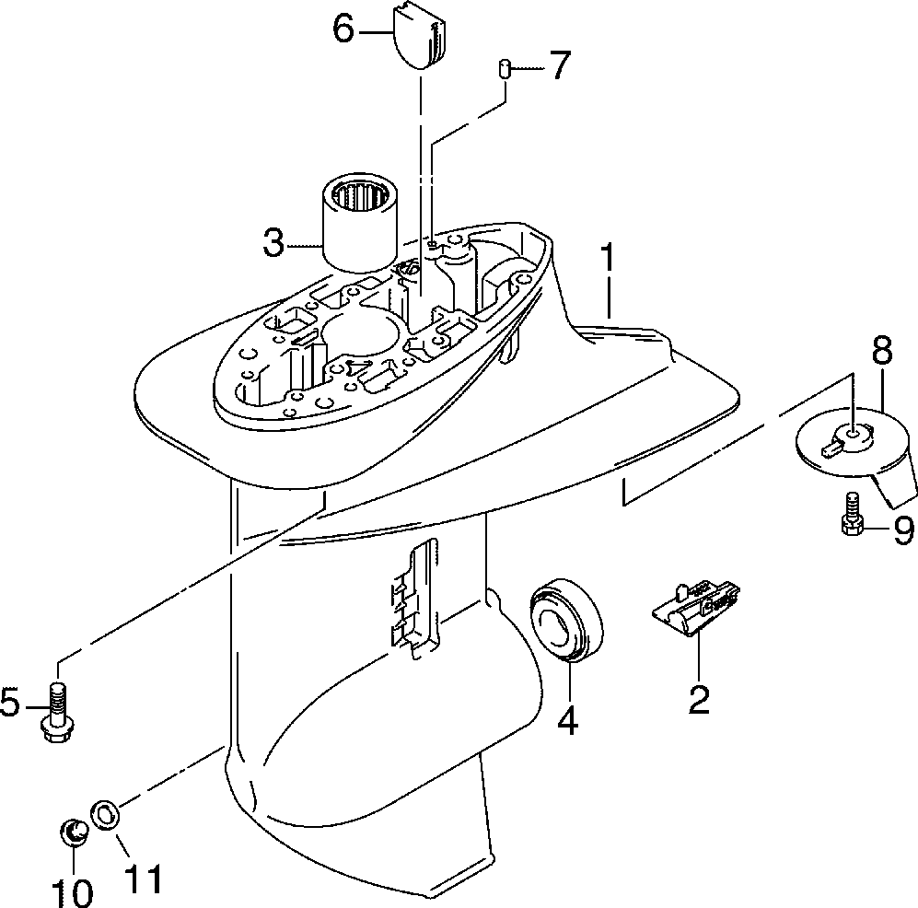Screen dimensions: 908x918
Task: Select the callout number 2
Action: [699, 699]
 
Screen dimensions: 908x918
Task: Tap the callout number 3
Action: [273, 245]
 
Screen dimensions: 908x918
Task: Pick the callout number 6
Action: [343, 30]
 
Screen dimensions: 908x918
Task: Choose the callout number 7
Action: [559, 67]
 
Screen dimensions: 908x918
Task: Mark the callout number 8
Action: [882, 351]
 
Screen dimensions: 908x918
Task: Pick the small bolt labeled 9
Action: [850, 516]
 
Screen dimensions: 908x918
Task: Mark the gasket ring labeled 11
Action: [107, 815]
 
